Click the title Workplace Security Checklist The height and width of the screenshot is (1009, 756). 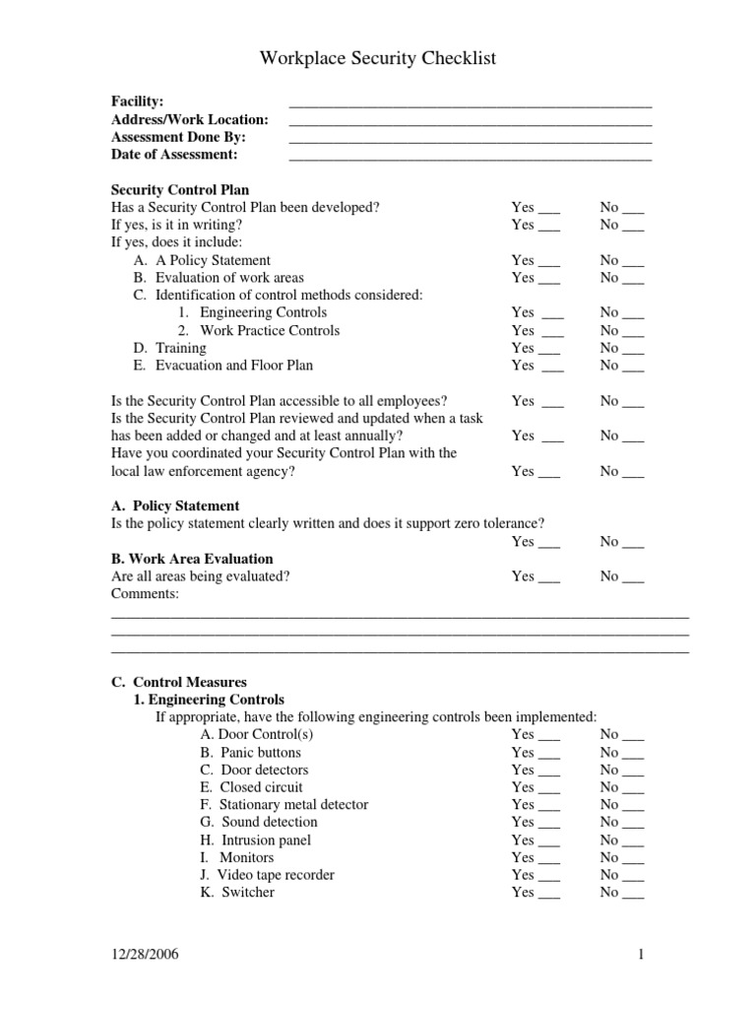(x=378, y=60)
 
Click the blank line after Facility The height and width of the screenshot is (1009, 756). (x=471, y=102)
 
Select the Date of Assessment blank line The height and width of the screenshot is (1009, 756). (x=471, y=156)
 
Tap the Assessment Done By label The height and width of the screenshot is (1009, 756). (x=179, y=138)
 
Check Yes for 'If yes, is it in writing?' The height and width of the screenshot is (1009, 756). (x=535, y=225)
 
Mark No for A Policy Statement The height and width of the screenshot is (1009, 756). (x=622, y=260)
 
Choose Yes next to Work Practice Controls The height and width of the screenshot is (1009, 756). (x=537, y=331)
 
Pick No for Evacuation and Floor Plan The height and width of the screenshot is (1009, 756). (x=622, y=366)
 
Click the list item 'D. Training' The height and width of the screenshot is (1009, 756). (x=170, y=348)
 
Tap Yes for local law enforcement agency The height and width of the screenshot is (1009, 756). (x=535, y=472)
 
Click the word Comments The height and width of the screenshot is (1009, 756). (x=146, y=594)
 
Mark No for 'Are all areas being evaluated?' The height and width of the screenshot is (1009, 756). (x=622, y=576)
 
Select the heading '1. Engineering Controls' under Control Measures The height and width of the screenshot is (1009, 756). (x=209, y=700)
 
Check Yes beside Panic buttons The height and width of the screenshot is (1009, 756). (x=535, y=753)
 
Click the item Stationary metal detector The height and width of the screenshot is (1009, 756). (x=283, y=805)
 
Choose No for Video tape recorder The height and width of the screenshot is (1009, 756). (x=622, y=875)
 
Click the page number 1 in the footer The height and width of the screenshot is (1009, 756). (x=640, y=955)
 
